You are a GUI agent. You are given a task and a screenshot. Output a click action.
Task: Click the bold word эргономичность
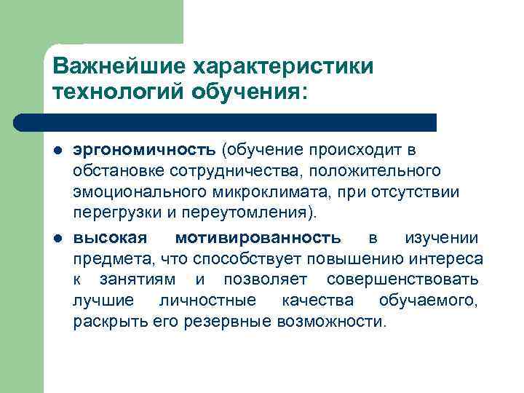(143, 151)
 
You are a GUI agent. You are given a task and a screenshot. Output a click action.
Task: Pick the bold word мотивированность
(258, 238)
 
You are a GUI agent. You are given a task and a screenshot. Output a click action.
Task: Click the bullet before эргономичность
(57, 151)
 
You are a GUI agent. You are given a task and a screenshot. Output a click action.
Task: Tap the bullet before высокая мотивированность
(57, 239)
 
